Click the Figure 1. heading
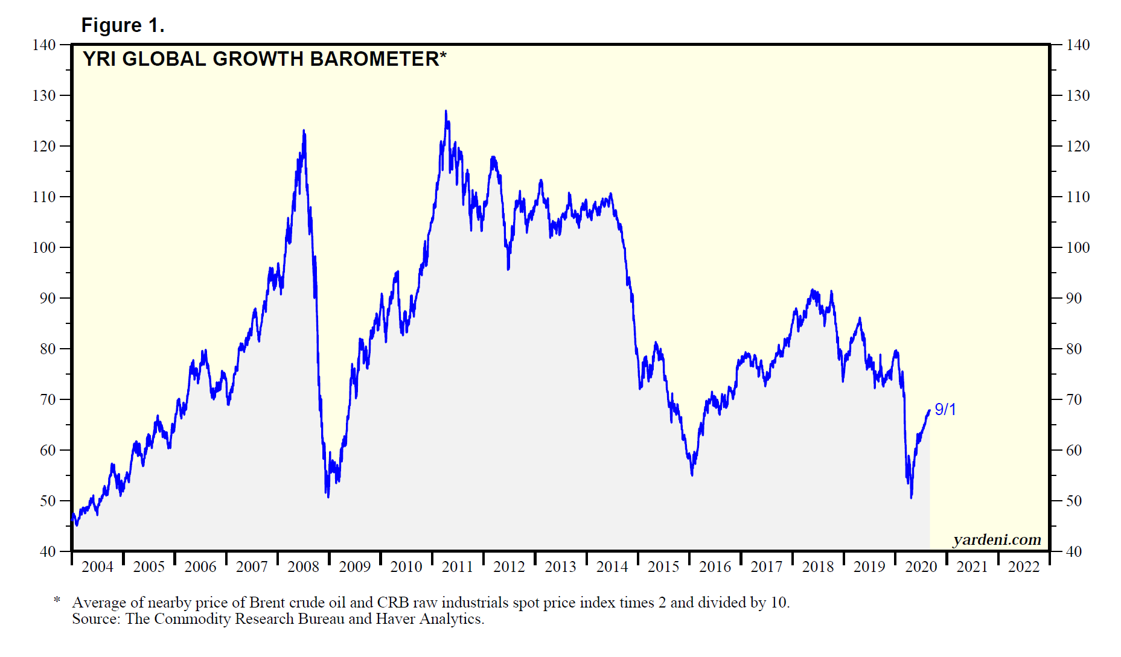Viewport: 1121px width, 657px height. (x=123, y=25)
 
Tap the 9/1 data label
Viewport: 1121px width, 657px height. (x=945, y=410)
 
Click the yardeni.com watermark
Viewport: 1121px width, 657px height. (x=997, y=539)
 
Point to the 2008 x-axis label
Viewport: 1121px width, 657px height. (x=303, y=567)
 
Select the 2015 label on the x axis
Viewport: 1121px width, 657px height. (x=663, y=567)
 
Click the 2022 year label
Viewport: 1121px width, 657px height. (x=1024, y=567)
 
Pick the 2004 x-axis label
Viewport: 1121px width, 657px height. (x=97, y=567)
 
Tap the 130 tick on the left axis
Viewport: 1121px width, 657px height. (x=43, y=95)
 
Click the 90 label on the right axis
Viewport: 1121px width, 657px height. (x=1073, y=298)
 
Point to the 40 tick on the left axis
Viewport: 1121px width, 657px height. (x=47, y=551)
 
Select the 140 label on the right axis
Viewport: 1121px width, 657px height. (x=1078, y=45)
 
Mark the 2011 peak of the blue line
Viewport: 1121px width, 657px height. (x=446, y=111)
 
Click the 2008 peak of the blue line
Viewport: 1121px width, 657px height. (x=304, y=130)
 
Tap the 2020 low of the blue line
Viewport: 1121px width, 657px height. (x=911, y=497)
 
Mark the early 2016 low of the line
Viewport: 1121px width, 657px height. (x=692, y=475)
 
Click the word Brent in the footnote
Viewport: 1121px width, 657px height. (x=267, y=602)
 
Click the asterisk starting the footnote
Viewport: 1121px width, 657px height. (x=57, y=600)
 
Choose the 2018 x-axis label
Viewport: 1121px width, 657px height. (x=818, y=567)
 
